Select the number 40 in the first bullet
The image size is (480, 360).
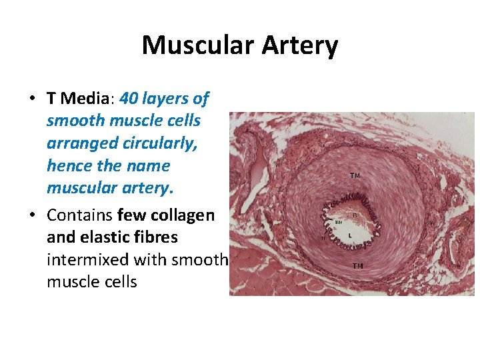129,99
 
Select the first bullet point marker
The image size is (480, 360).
32,99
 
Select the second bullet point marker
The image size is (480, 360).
32,216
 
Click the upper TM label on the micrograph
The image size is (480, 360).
355,176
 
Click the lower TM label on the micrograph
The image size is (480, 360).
358,266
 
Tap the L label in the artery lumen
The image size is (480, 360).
350,235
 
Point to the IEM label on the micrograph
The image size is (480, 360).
339,223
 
